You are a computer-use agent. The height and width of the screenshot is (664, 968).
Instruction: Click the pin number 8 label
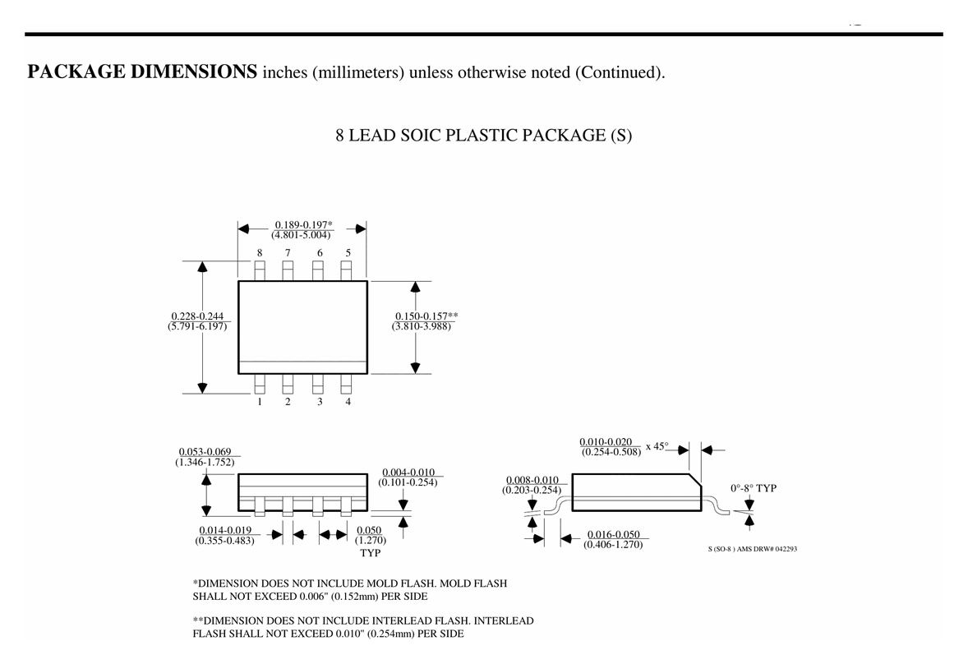click(x=260, y=252)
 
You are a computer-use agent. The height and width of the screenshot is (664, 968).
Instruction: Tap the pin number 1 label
click(x=260, y=402)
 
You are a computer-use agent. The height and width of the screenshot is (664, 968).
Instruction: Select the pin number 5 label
click(x=348, y=252)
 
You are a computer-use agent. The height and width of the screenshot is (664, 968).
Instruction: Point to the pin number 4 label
click(x=348, y=402)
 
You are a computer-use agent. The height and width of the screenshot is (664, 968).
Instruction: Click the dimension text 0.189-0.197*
click(x=303, y=224)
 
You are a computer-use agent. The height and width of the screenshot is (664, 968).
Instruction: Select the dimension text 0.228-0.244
click(x=197, y=316)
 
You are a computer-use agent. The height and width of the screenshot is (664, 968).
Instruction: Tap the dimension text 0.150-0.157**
click(x=426, y=316)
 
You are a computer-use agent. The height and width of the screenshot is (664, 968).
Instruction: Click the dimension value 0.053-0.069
click(x=205, y=452)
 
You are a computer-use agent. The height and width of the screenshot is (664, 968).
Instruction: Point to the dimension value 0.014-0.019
click(x=225, y=530)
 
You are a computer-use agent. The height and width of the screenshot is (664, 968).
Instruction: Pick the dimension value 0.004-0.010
click(x=408, y=472)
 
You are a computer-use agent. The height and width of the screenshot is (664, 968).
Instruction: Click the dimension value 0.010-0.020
click(x=606, y=442)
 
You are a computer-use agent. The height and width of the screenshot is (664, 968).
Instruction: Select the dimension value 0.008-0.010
click(x=532, y=480)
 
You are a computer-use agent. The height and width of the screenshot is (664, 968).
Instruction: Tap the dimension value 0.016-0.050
click(x=614, y=534)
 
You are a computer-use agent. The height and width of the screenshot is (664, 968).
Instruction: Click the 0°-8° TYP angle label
click(x=754, y=488)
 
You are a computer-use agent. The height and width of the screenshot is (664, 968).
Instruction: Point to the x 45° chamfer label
click(x=657, y=446)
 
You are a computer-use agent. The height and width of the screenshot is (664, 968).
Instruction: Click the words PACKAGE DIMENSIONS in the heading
click(x=142, y=71)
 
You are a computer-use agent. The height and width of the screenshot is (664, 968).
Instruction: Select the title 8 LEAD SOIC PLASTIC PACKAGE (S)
click(x=484, y=135)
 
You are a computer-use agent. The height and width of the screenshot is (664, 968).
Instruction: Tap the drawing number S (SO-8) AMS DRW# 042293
click(x=753, y=549)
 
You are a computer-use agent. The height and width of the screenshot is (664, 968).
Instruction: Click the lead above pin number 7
click(x=288, y=270)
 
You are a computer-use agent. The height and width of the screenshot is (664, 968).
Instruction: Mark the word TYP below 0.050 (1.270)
click(x=371, y=553)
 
